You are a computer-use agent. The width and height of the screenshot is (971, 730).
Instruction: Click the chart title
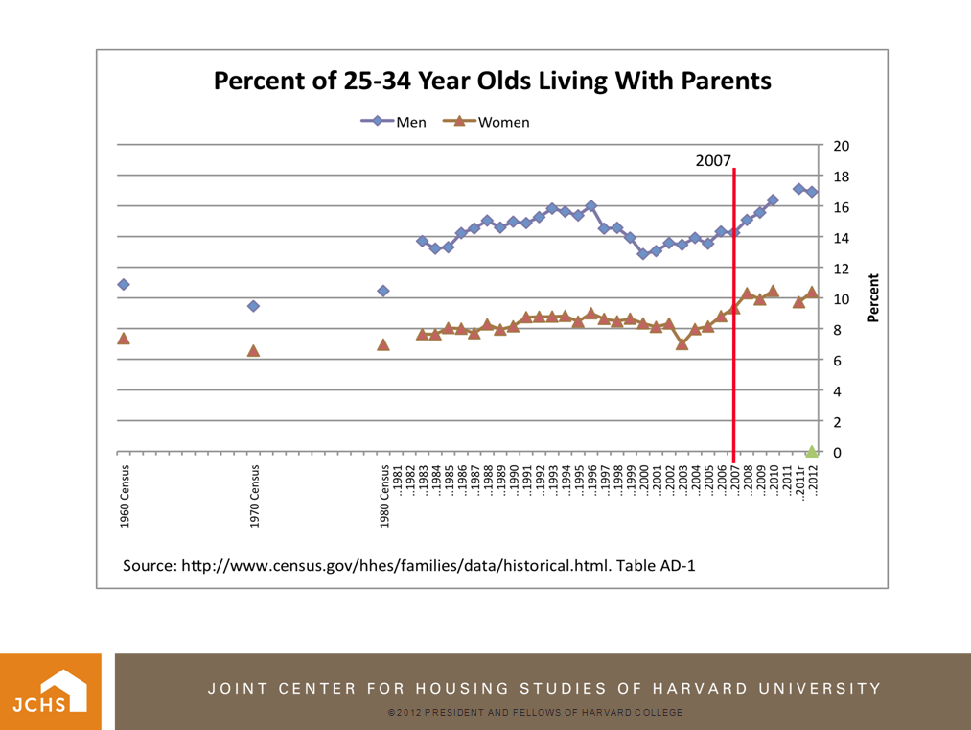492,81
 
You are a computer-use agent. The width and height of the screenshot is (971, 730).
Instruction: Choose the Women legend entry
487,122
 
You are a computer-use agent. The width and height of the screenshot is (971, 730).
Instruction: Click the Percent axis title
873,298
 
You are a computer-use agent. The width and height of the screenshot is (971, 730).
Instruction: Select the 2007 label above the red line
714,161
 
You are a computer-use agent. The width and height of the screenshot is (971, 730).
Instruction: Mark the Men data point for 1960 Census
124,285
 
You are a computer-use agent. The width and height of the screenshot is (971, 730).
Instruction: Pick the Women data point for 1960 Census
124,339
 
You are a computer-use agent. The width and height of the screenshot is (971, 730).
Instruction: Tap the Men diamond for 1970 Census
253,306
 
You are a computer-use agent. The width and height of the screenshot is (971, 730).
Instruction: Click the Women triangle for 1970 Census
253,351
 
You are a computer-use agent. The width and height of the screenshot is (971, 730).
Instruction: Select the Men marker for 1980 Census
383,291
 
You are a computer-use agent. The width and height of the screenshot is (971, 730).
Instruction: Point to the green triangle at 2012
812,451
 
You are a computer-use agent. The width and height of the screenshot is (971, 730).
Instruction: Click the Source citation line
408,565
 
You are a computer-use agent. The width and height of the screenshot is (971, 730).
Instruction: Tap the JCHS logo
57,692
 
